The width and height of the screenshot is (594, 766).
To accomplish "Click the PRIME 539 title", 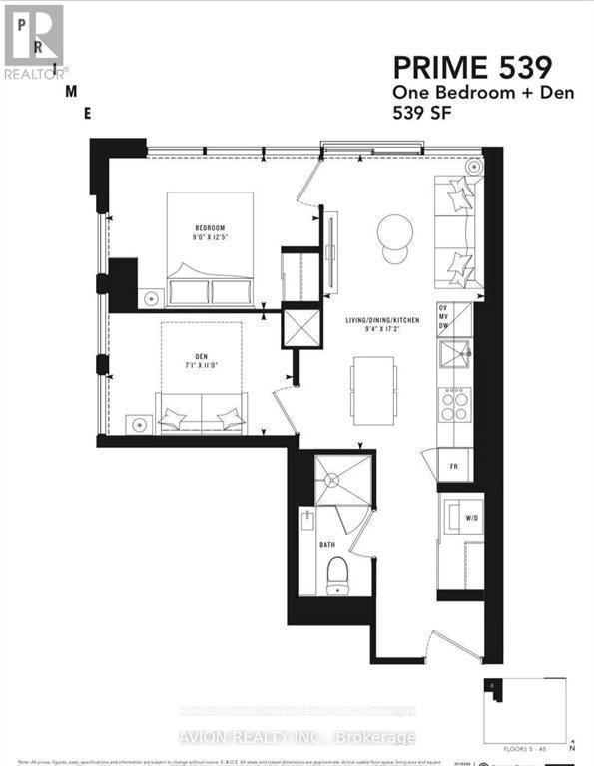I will click(x=472, y=68).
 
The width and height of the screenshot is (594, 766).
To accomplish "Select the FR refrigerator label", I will click(x=453, y=466).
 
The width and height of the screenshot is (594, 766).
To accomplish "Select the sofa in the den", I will click(x=201, y=411).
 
